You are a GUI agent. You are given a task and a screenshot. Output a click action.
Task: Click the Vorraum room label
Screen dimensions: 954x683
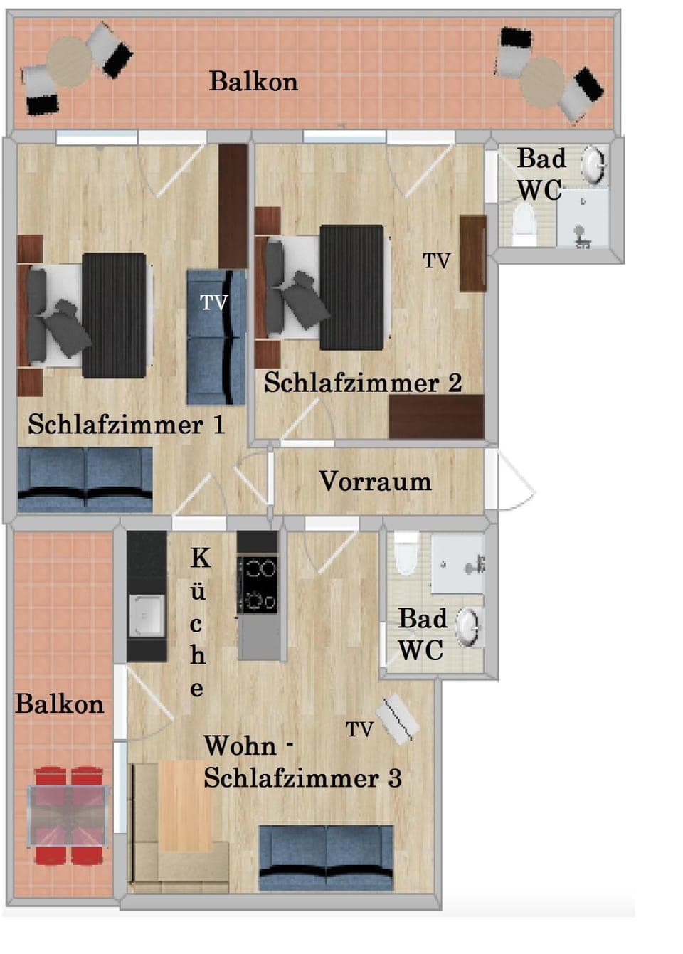(375, 482)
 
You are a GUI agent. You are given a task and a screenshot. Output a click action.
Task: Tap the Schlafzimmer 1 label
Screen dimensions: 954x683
(126, 425)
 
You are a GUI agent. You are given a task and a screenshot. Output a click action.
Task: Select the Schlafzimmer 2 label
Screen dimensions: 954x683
(363, 383)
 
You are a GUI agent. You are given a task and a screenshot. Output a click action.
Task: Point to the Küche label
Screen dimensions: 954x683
(198, 622)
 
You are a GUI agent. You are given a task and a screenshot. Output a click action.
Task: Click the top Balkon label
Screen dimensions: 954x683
(253, 82)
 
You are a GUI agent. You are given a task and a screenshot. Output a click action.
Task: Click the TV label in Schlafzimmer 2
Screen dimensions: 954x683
(437, 261)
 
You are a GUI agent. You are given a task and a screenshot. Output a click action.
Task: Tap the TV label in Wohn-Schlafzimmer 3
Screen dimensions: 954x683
(359, 729)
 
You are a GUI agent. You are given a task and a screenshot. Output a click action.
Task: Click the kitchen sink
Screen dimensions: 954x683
(147, 614)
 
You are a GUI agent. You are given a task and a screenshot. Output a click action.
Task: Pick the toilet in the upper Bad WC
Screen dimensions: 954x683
(524, 223)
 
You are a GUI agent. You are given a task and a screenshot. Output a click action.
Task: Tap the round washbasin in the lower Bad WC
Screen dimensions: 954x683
(467, 626)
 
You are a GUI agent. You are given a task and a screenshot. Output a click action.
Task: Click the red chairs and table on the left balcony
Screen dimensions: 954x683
(68, 815)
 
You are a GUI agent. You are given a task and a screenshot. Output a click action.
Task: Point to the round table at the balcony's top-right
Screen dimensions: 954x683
(542, 80)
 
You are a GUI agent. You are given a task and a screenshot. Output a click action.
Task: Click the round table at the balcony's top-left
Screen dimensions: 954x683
(70, 62)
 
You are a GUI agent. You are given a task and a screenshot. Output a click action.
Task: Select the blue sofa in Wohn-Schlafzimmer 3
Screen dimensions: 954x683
(326, 857)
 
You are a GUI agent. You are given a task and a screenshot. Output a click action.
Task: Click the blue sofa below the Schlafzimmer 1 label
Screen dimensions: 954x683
(85, 479)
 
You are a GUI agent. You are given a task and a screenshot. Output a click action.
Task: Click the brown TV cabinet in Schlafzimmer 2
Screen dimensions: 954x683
(472, 253)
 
